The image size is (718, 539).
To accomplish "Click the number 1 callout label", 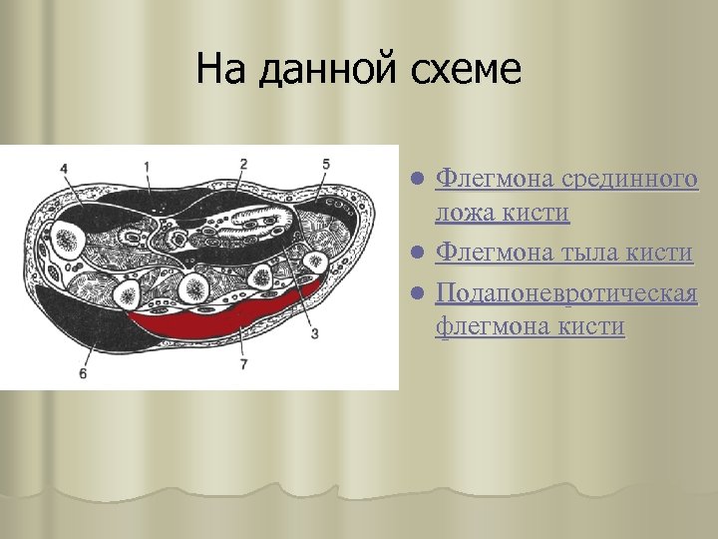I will coord(147,165).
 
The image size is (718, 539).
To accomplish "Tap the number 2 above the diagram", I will coord(244,163).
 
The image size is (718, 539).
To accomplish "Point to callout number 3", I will coord(314,333).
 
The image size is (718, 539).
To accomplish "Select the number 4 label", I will coord(64,169).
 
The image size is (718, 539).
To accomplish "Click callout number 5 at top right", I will coord(326,164).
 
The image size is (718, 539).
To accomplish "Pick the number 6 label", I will coord(83,372).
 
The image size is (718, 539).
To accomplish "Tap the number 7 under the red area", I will coord(242,365).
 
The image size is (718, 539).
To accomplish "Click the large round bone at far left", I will coord(68,239).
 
